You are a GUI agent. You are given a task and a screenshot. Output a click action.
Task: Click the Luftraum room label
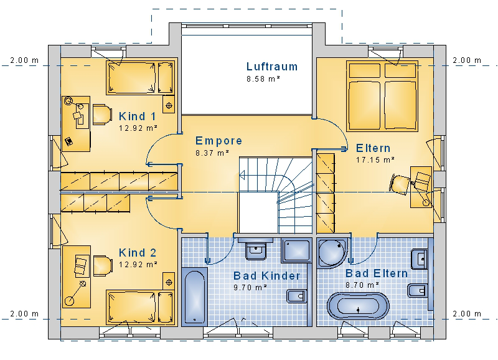[x=272, y=67]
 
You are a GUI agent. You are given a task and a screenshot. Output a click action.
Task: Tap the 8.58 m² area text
[x=263, y=79]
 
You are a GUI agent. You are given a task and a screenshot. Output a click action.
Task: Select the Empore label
[x=218, y=140]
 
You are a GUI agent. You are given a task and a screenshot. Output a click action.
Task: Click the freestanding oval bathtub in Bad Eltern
[x=358, y=306]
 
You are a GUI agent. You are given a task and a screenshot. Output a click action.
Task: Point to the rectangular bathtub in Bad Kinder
[x=194, y=296]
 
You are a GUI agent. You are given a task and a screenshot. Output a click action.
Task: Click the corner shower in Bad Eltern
[x=333, y=253]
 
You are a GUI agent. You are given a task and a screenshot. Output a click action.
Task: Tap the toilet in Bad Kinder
[x=297, y=296]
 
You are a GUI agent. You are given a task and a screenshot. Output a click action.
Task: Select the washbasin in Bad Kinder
[x=256, y=249]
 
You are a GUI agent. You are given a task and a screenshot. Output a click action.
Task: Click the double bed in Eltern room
[x=382, y=97]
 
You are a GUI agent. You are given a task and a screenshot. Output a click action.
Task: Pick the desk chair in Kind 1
[x=102, y=115]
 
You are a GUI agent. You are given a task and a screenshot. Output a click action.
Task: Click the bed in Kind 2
[x=141, y=307]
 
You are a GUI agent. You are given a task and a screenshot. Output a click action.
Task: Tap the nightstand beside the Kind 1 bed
[x=169, y=104]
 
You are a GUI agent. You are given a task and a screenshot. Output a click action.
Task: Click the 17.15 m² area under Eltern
[x=375, y=159]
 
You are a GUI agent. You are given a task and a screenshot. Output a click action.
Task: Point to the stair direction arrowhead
[x=242, y=175]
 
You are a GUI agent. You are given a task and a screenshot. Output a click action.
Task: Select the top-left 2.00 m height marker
[x=24, y=60]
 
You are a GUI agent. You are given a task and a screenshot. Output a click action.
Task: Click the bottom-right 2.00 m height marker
[x=467, y=314]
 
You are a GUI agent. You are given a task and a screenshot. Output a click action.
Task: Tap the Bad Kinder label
[x=267, y=275]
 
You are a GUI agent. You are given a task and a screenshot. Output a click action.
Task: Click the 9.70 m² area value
[x=250, y=288]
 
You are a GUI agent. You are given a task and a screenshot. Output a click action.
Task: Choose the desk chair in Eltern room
[x=400, y=184]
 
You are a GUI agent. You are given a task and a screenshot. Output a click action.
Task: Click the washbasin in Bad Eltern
[x=419, y=259]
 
